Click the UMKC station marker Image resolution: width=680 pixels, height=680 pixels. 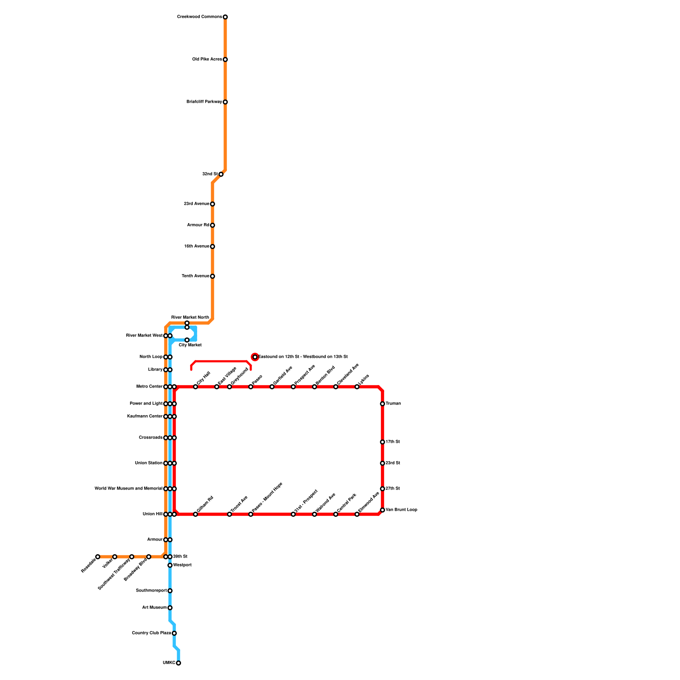[178, 663]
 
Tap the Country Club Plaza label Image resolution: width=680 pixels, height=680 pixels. [151, 633]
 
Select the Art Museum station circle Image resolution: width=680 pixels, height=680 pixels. [170, 608]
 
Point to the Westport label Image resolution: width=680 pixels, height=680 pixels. [182, 565]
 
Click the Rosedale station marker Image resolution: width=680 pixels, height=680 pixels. [98, 557]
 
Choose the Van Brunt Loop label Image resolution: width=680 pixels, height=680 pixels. [401, 510]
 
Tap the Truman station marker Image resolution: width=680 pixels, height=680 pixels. [382, 404]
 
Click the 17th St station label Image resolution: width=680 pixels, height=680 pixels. [393, 442]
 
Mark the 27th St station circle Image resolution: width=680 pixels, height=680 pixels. [382, 489]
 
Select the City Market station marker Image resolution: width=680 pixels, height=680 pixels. [187, 340]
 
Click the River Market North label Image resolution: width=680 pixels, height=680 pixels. [190, 317]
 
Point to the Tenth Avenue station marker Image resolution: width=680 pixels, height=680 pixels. [212, 276]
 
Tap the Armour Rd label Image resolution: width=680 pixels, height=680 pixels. [198, 225]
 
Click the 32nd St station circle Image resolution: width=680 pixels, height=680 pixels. [221, 174]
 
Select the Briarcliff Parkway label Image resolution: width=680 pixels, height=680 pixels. [204, 102]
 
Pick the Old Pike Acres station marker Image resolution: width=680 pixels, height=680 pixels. [225, 59]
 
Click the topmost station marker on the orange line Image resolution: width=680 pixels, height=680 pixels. [225, 17]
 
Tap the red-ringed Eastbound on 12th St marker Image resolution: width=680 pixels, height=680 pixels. [255, 357]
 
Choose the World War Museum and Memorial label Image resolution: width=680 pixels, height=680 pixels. [128, 489]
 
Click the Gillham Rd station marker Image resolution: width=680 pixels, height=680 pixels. [195, 514]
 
